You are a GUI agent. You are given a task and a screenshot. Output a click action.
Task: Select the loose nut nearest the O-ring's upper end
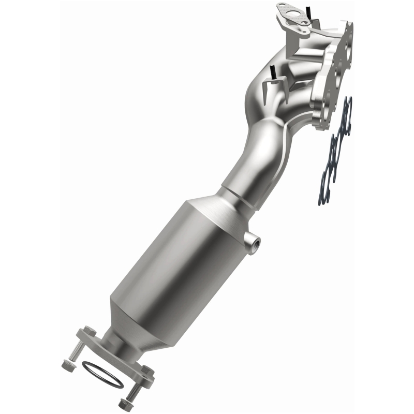[x=67, y=365]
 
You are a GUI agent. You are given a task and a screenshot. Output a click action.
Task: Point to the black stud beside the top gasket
[x=308, y=9]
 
